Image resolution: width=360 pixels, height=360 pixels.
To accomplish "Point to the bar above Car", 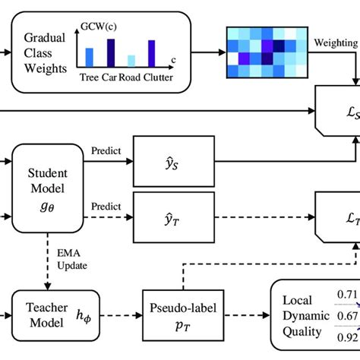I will tap(111, 53).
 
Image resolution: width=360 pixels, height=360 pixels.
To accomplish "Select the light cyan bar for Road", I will tap(131, 61).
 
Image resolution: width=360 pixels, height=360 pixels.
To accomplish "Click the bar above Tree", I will tap(90, 56).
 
